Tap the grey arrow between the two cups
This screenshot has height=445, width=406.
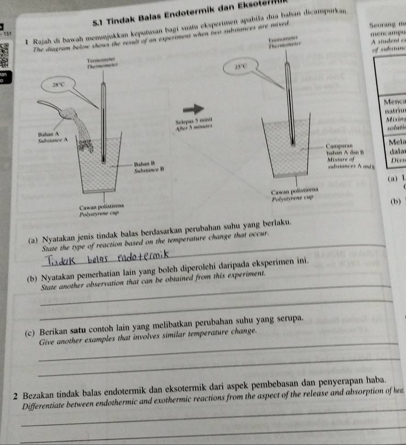click(193, 109)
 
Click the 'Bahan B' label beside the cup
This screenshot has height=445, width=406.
click(143, 164)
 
